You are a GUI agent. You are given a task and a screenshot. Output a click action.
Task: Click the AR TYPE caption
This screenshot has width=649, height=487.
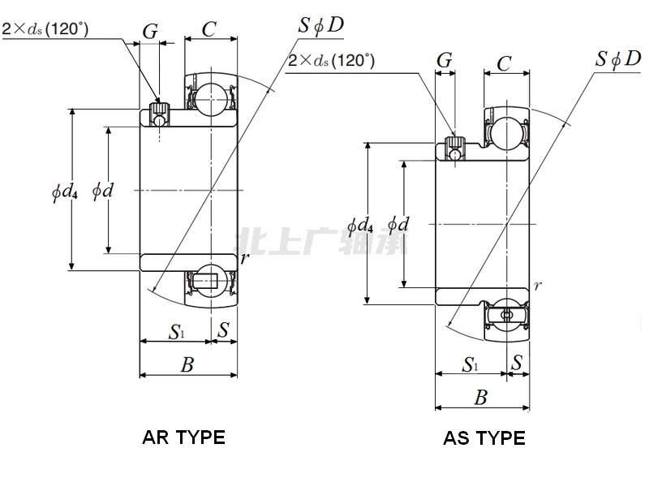click(x=183, y=437)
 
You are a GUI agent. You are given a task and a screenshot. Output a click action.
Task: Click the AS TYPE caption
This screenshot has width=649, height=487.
click(x=484, y=438)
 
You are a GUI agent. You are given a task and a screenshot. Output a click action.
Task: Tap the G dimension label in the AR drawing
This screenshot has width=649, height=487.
click(x=150, y=31)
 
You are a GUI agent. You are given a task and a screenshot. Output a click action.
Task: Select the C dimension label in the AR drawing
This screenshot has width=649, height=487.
click(x=209, y=29)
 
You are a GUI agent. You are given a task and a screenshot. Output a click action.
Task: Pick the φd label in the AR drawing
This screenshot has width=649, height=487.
click(x=102, y=191)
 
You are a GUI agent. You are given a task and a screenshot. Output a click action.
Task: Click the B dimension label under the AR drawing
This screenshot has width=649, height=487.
click(x=187, y=364)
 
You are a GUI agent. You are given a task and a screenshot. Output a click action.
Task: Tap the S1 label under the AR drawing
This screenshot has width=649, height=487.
click(x=177, y=330)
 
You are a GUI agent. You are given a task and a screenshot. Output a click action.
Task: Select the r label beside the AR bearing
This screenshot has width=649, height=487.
click(x=243, y=257)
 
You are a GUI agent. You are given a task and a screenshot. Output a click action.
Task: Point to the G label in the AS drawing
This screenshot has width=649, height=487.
click(x=445, y=61)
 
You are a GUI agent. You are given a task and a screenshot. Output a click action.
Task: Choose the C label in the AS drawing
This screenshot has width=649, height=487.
click(x=504, y=63)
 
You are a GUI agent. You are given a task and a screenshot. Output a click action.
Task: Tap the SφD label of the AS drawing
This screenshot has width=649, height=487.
click(x=617, y=58)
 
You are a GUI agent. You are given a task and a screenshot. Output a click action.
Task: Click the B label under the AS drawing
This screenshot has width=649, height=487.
click(x=481, y=398)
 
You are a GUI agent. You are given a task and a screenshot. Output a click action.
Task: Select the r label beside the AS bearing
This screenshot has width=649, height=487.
click(x=537, y=286)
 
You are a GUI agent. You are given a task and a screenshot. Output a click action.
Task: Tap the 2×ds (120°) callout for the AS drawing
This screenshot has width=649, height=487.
click(x=332, y=59)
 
